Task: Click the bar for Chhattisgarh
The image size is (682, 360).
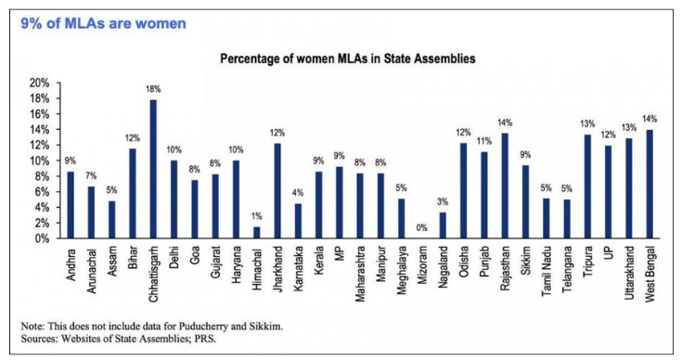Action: tap(153, 169)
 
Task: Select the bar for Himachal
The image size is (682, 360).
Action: tap(255, 233)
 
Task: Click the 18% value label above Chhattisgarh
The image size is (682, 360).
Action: tap(153, 89)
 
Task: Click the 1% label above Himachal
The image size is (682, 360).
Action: tap(255, 216)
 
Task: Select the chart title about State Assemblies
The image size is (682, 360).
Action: tap(348, 58)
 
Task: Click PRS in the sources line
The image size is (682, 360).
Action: tap(217, 340)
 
